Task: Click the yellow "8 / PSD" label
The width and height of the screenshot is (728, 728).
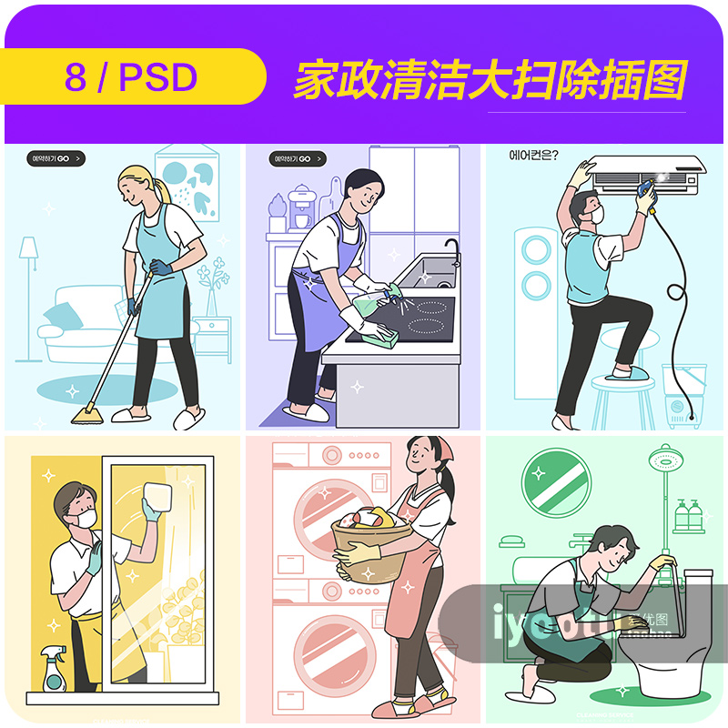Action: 132,77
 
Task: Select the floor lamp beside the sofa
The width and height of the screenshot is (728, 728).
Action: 28,273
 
